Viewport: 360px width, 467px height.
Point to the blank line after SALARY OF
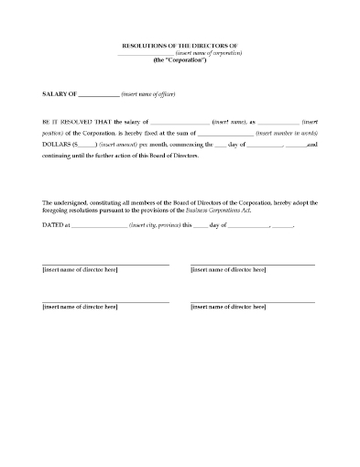pos(100,94)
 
